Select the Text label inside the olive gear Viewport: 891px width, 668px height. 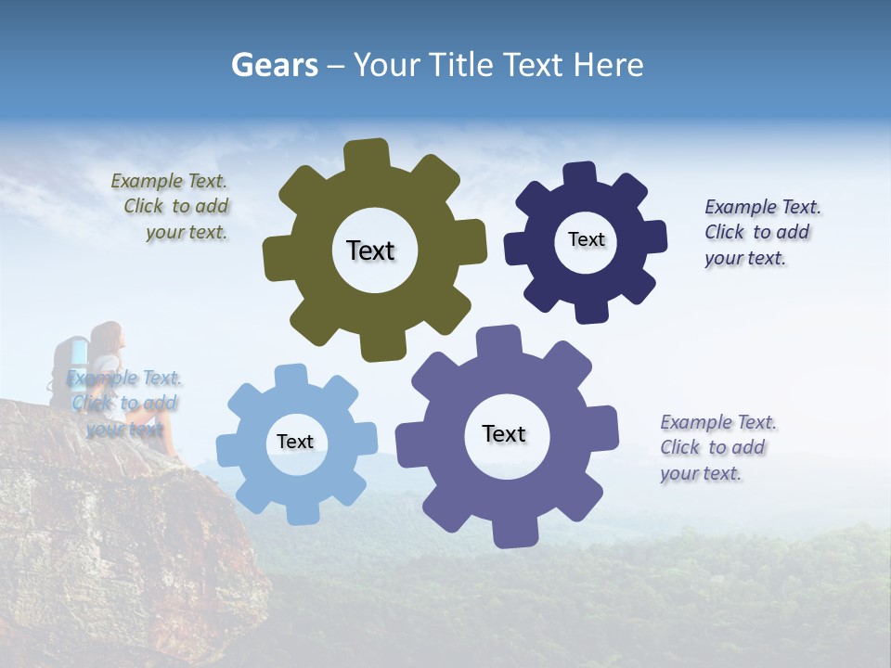pyautogui.click(x=370, y=250)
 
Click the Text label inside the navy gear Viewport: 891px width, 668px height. pyautogui.click(x=586, y=239)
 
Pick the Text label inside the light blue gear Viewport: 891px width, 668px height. pyautogui.click(x=295, y=442)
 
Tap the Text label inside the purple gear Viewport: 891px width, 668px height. pyautogui.click(x=504, y=433)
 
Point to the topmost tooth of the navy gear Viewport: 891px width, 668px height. pyautogui.click(x=579, y=173)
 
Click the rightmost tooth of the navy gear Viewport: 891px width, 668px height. pyautogui.click(x=654, y=237)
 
